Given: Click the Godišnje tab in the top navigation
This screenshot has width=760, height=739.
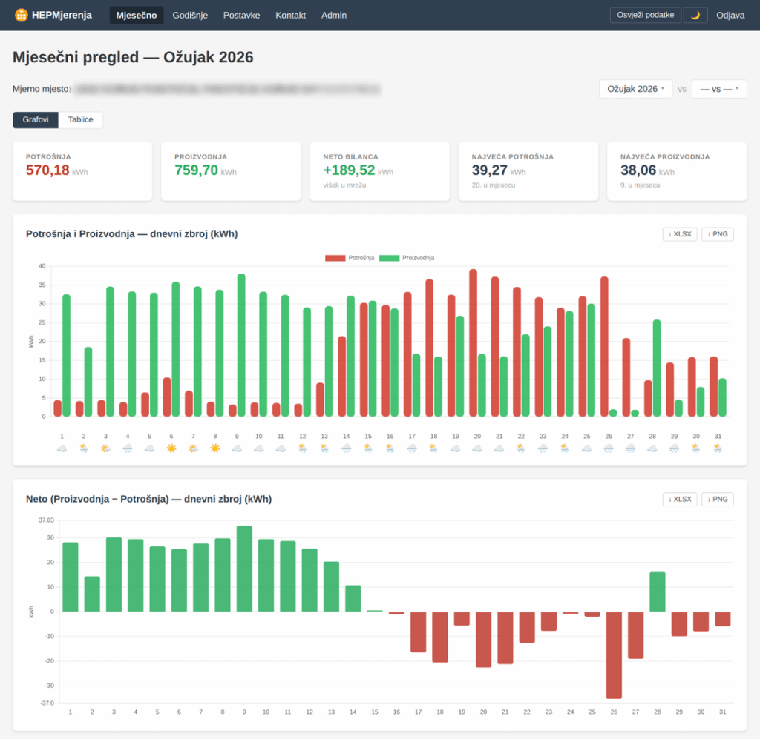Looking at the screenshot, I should [x=190, y=15].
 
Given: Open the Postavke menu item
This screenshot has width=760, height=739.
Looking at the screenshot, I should [x=241, y=15].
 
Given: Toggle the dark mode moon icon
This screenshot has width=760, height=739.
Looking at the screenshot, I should [x=695, y=15].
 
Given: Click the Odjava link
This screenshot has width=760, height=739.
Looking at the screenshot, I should [x=730, y=15].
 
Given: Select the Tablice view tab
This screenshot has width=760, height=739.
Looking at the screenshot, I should [x=81, y=119].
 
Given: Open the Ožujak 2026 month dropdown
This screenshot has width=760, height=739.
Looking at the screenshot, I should [x=635, y=89].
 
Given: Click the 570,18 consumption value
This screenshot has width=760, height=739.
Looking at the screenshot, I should [x=47, y=170].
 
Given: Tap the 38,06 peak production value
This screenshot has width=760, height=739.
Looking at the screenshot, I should [x=638, y=170].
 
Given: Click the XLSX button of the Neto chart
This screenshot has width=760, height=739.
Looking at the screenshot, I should [x=680, y=499].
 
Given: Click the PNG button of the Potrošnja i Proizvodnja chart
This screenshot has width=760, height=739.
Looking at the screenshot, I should [x=717, y=234].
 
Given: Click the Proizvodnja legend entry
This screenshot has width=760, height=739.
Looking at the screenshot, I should [x=407, y=258].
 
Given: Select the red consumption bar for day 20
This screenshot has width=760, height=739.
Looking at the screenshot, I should [x=473, y=342].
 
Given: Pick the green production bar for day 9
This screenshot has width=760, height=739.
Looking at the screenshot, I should [x=241, y=345].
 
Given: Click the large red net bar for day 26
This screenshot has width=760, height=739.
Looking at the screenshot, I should [x=613, y=655].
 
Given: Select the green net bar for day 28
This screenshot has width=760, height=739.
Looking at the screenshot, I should [x=657, y=591].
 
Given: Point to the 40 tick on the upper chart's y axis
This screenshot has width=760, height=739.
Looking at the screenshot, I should [x=42, y=266].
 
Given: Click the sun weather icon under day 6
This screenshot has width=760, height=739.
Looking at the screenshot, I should [x=171, y=448].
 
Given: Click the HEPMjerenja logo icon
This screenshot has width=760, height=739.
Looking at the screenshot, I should [x=22, y=15].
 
